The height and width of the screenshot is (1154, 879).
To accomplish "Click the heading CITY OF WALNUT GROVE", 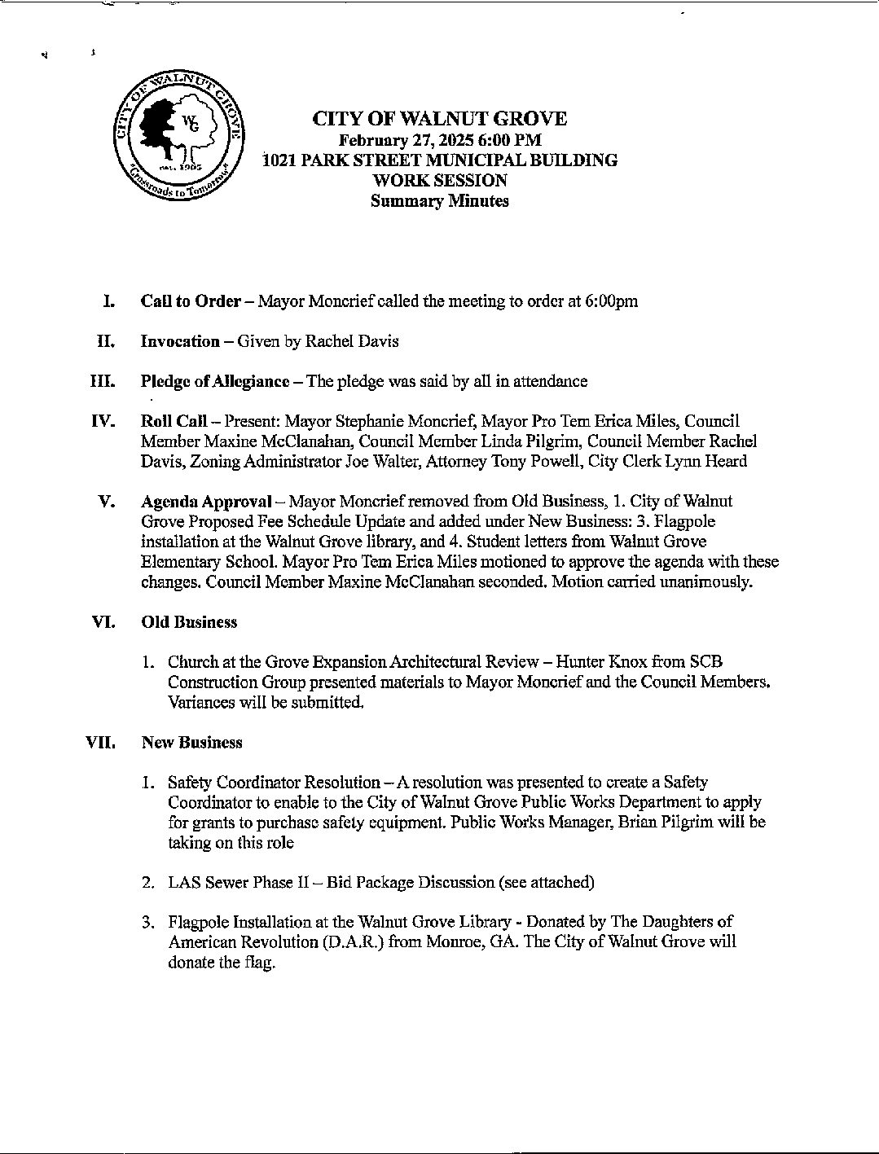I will tap(440, 119).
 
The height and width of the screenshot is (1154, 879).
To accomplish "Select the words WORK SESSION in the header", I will tap(439, 180).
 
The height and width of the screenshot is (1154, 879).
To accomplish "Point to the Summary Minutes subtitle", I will tap(439, 200).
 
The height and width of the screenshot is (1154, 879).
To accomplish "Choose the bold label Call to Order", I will tap(191, 301).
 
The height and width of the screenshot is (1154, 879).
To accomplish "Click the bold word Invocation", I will tap(180, 341).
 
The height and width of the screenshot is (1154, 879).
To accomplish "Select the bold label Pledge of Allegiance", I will tap(215, 381).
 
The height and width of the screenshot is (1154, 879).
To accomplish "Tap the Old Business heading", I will tap(189, 622).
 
